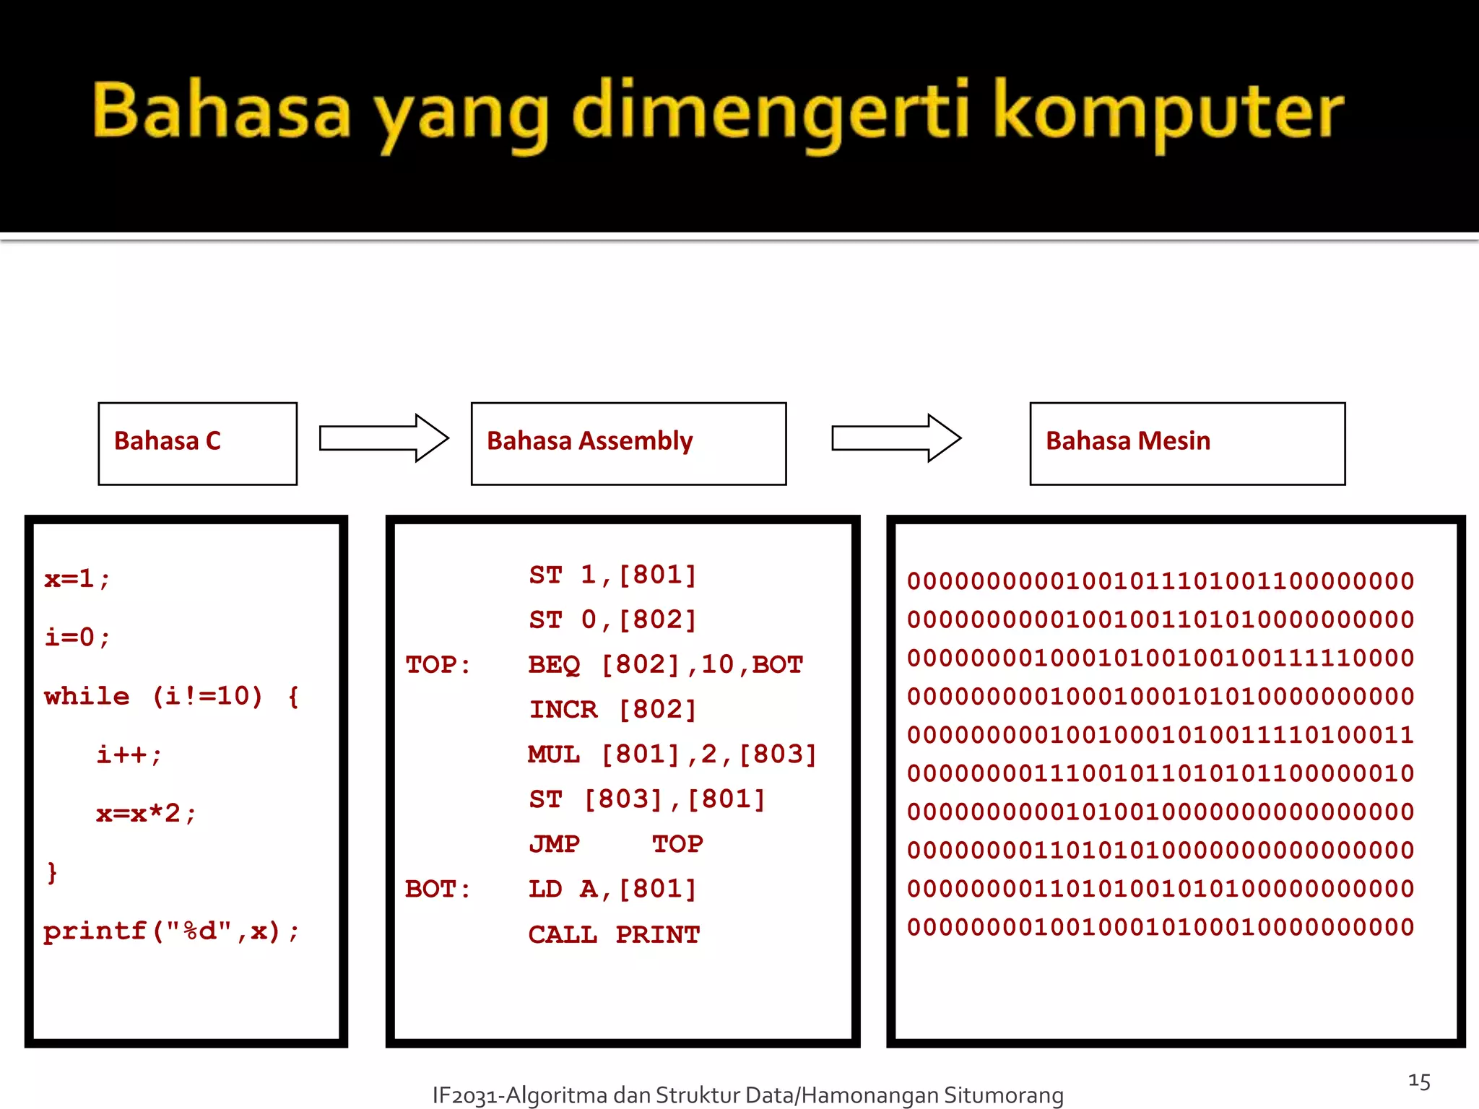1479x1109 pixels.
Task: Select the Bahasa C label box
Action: click(197, 443)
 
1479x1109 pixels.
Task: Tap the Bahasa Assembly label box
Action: click(628, 443)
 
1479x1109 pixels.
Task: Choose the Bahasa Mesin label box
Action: click(1187, 443)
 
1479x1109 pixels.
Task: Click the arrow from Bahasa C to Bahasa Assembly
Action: click(383, 438)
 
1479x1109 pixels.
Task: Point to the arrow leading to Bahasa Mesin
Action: click(895, 438)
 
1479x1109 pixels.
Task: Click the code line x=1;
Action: click(77, 579)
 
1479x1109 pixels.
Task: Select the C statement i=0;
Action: click(77, 638)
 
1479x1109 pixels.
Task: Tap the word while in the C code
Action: click(87, 697)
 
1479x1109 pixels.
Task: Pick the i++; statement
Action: click(129, 755)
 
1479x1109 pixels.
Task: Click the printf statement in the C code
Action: click(170, 931)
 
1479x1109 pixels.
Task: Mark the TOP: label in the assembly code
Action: click(438, 665)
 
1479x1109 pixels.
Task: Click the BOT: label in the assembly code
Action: click(438, 890)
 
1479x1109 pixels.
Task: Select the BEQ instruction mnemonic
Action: click(554, 665)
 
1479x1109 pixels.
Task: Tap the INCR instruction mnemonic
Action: click(563, 710)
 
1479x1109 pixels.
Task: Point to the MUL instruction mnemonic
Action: click(554, 754)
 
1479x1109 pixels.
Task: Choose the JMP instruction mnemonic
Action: click(554, 844)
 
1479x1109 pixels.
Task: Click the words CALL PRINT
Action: click(614, 935)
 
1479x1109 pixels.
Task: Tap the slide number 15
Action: click(1419, 1082)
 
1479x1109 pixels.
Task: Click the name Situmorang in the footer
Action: click(1003, 1095)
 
